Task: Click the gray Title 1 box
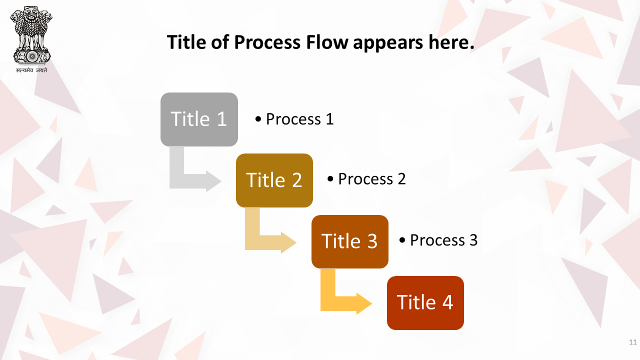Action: point(199,119)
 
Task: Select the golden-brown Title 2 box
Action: point(274,180)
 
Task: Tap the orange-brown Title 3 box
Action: point(350,241)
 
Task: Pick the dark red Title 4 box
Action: point(425,303)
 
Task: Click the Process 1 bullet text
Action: point(294,119)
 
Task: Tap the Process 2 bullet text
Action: point(366,179)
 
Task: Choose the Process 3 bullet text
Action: point(438,240)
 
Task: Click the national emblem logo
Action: point(31,35)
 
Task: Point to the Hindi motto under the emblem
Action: point(31,70)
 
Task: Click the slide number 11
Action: point(633,342)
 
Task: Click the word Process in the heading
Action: point(267,42)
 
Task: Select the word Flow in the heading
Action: point(327,42)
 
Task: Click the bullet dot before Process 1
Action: point(258,119)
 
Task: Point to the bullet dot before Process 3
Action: point(402,240)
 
